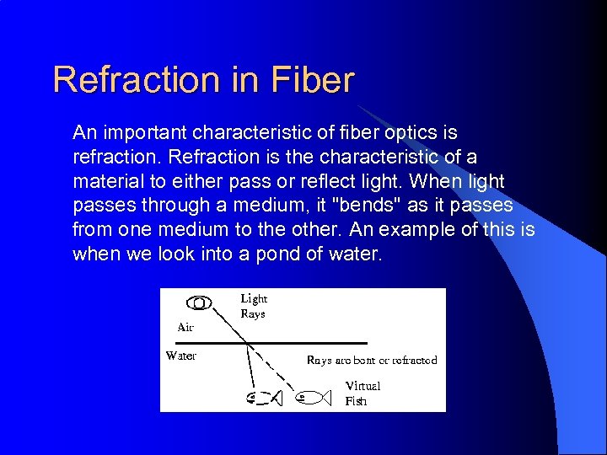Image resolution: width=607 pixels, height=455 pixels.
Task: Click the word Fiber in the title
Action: point(314,81)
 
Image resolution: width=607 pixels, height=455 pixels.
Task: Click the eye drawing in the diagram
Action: point(199,302)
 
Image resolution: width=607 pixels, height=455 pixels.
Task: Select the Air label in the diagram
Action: point(185,327)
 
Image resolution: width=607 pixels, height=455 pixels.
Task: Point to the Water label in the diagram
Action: point(181,356)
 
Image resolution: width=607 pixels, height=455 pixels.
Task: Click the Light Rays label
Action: point(254,306)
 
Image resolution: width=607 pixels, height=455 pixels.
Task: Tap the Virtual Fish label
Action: point(363,393)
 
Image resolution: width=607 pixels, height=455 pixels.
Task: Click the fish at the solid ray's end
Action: point(265,398)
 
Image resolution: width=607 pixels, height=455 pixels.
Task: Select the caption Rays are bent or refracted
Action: point(372,360)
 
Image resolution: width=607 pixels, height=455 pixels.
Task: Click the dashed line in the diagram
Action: point(273,371)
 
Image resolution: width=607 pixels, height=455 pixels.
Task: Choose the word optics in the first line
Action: point(412,133)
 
